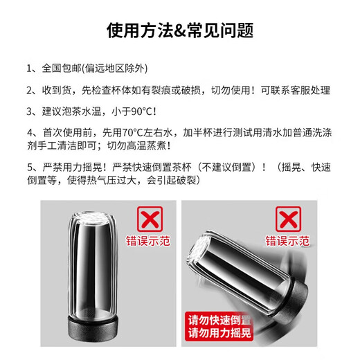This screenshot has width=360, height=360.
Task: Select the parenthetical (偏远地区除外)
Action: pyautogui.click(x=115, y=69)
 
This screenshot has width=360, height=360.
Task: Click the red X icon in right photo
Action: pyautogui.click(x=290, y=219)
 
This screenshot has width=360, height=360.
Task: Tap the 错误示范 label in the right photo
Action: pyautogui.click(x=290, y=242)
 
